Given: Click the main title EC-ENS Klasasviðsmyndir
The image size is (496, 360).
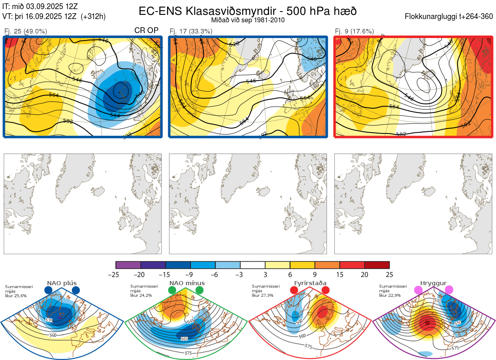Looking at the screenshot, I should (248, 11).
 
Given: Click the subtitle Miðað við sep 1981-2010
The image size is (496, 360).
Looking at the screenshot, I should (248, 20).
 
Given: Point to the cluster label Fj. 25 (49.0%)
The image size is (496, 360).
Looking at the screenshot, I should (26, 31).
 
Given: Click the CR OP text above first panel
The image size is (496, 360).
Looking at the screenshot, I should (146, 31).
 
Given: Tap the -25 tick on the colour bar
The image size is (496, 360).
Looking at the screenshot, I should (116, 274).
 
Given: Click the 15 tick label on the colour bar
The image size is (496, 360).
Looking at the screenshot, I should (340, 274).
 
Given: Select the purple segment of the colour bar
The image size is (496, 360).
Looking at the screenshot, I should (128, 265).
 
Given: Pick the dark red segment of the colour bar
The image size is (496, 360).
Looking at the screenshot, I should (377, 265).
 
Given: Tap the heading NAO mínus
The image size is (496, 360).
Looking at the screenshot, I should (187, 283).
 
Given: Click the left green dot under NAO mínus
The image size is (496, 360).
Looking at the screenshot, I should (172, 291).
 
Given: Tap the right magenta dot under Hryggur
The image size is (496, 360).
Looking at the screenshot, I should (449, 290).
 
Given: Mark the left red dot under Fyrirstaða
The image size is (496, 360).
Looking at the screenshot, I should (294, 291).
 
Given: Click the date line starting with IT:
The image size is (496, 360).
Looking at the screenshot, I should (40, 7).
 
